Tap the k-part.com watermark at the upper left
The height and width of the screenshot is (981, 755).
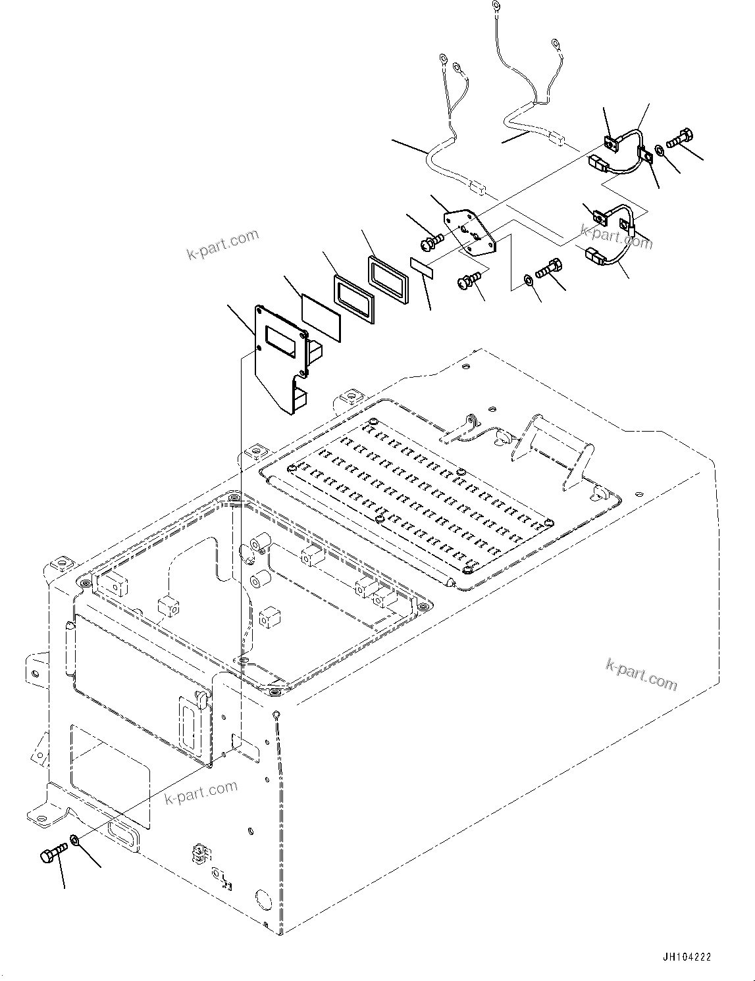223,244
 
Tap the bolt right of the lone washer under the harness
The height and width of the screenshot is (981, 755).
549,269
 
